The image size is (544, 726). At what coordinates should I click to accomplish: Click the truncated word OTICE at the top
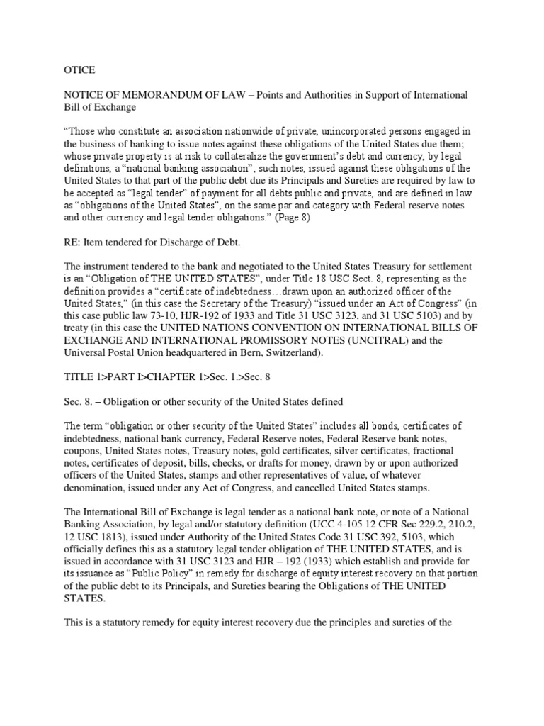tap(69, 70)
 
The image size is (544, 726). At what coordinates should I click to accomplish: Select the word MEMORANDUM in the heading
tap(161, 95)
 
